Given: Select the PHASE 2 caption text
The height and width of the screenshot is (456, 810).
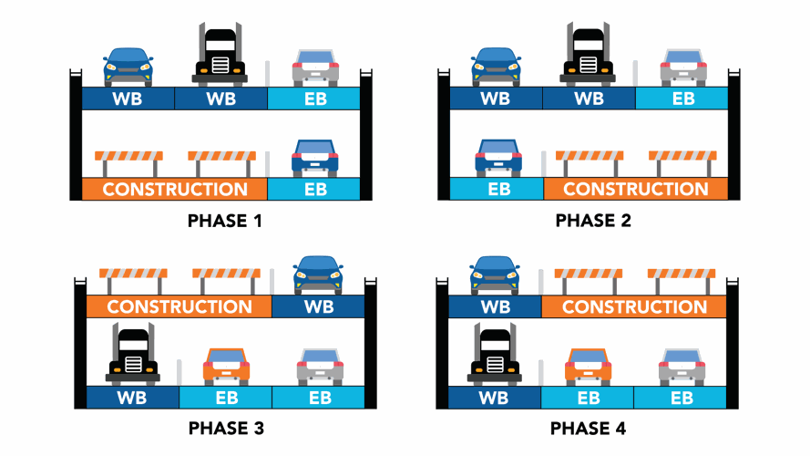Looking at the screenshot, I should tap(592, 220).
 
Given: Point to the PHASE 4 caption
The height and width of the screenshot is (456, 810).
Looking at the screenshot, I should tap(588, 427).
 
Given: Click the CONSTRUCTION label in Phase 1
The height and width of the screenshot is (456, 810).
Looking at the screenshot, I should tap(175, 190).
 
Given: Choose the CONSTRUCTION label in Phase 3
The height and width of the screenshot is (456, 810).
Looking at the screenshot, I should tap(179, 306).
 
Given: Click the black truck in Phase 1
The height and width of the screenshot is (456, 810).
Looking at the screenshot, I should tap(220, 55).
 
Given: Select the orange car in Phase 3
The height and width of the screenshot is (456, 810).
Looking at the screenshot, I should tap(226, 365).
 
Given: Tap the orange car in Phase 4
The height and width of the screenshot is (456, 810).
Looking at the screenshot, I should tap(588, 365).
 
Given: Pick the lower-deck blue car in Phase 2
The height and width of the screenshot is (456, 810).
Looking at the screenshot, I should tap(497, 158).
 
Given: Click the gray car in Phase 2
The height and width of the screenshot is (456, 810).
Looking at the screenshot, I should tap(683, 67).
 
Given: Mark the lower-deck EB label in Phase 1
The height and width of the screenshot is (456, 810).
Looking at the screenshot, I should tap(314, 190).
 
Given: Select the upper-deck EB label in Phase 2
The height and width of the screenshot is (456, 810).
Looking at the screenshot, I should tap(682, 98).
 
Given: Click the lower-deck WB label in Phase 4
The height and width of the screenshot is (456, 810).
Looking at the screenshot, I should tap(495, 398).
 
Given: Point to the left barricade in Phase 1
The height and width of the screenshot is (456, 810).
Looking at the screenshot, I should tap(128, 162).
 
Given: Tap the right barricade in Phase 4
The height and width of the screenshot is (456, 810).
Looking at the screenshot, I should tap(682, 278).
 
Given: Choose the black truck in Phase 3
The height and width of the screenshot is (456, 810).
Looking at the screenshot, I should tap(133, 356).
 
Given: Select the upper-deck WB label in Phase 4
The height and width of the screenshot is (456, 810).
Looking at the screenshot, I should tap(495, 307).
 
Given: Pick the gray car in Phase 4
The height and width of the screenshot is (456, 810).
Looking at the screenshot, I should tap(681, 365).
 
